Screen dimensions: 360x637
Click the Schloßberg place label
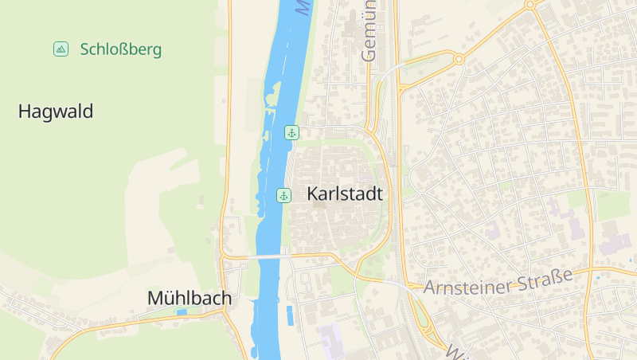point(121,49)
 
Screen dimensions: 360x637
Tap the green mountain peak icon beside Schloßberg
point(61,49)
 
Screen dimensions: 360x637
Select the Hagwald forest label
point(56,112)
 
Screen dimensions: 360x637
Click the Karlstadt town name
point(345,194)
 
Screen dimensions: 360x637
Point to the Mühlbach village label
point(190,298)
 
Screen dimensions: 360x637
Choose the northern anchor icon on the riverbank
point(291,133)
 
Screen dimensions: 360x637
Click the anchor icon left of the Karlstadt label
point(283,195)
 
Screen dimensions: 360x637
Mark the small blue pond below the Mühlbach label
point(182,312)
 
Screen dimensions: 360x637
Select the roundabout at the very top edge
point(530,5)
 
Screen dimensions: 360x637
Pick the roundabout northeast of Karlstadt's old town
point(458,60)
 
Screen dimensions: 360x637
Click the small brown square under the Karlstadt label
point(319,205)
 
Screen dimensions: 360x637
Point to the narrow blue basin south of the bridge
point(290,315)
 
